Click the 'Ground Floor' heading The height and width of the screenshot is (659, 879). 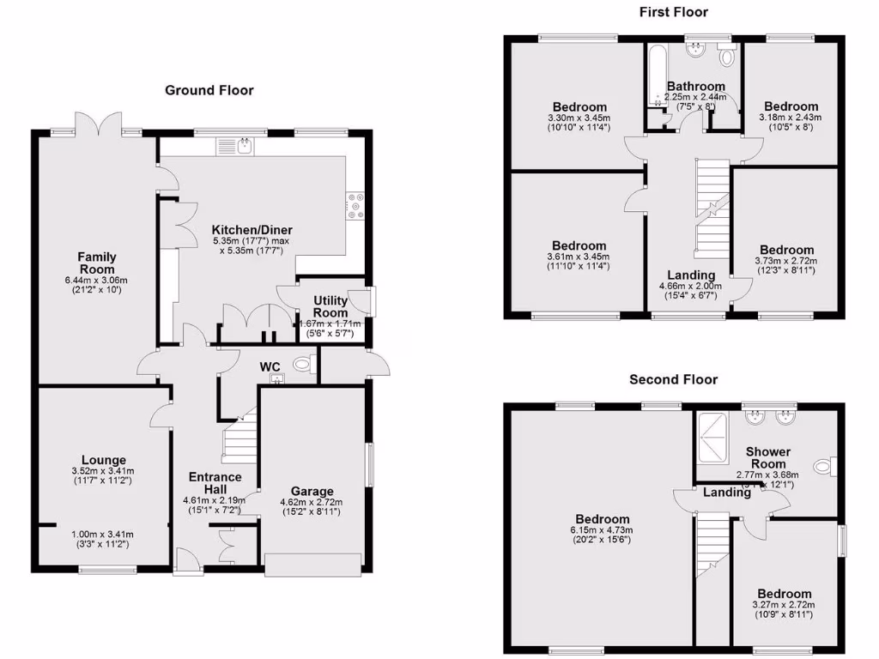coord(209,90)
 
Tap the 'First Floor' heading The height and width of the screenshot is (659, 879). coord(673,11)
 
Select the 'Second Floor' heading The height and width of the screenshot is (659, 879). coord(673,379)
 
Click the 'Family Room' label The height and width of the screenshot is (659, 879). coord(97,263)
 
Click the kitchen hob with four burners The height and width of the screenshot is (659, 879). coord(355,205)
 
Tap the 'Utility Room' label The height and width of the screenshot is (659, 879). coord(331,307)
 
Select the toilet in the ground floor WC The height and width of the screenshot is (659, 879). coord(302,366)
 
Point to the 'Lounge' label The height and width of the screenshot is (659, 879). coord(104,460)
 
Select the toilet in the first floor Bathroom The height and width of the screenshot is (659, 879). coord(729,57)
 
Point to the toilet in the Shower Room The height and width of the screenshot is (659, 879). coord(825,466)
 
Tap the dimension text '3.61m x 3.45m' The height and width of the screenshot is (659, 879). coord(579,257)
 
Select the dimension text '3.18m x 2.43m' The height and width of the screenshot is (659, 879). coord(790,118)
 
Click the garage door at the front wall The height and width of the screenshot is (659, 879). coord(312,565)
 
